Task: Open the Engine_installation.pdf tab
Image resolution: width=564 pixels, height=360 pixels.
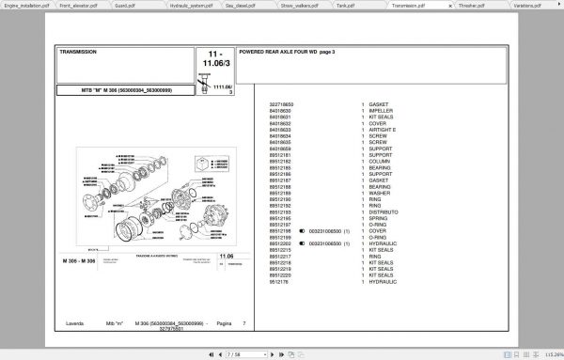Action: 26,5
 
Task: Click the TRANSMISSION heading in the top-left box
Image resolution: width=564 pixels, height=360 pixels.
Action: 78,53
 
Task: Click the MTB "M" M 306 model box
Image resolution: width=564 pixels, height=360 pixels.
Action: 127,89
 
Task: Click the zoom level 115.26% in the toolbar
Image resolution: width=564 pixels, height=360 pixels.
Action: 544,354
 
